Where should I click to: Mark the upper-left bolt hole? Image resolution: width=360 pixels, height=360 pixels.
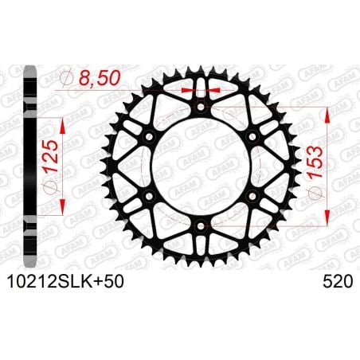point(147,137)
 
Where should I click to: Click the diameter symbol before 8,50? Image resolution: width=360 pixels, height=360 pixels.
point(68,77)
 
